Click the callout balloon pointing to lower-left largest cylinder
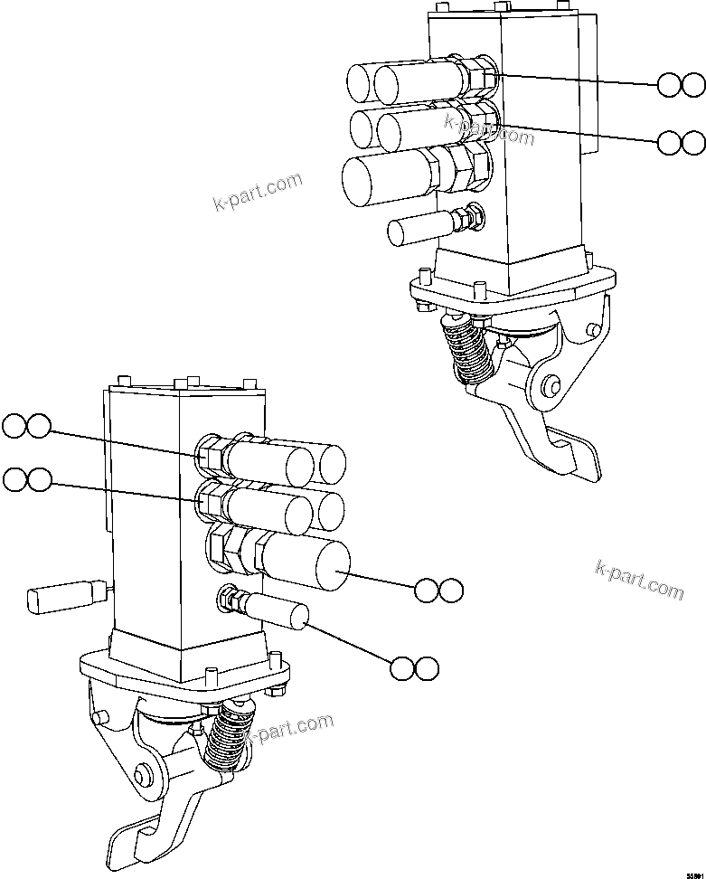coord(438,591)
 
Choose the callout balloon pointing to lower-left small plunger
coord(415,668)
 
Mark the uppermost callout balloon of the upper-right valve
coord(681,85)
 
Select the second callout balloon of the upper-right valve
coord(681,142)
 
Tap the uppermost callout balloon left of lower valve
coord(26,425)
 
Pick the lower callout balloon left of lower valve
coord(26,479)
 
